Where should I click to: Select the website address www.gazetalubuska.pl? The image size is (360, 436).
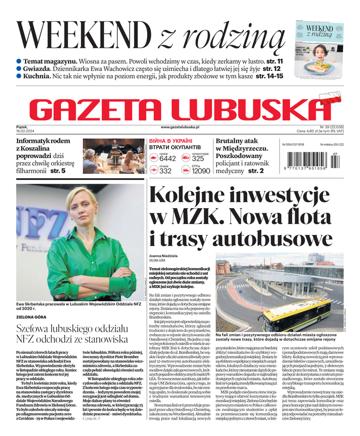[x=180, y=127]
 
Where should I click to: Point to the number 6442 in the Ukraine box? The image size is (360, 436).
[x=168, y=159]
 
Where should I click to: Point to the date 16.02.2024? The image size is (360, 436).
[x=27, y=131]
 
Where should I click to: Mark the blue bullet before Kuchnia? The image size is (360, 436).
[x=19, y=76]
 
